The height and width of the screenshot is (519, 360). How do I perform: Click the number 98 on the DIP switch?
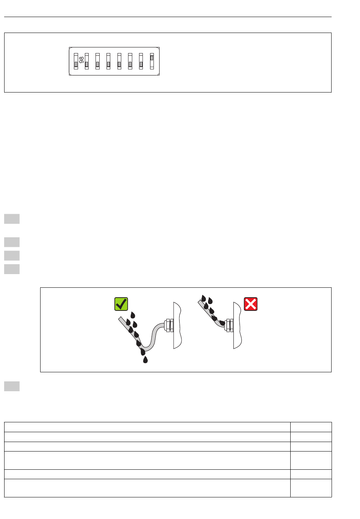[81, 60]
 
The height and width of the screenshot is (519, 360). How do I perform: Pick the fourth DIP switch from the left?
[108, 61]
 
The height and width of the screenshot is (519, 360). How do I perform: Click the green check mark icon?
[121, 304]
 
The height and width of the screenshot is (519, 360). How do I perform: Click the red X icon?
[250, 304]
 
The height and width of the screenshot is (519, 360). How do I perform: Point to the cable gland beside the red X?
[229, 325]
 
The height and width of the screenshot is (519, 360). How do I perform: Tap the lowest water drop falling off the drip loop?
[145, 360]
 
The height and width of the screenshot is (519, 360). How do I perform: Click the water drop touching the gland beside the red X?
[222, 323]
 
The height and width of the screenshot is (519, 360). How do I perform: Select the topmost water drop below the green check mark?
[133, 315]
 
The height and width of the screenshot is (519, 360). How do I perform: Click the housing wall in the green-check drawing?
[177, 325]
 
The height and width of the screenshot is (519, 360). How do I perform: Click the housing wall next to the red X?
[237, 325]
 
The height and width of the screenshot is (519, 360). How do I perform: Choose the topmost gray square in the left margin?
[12, 219]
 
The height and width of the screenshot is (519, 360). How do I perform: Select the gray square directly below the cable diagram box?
[12, 386]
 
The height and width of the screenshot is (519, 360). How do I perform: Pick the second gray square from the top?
[12, 242]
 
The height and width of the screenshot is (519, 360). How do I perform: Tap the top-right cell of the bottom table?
[311, 427]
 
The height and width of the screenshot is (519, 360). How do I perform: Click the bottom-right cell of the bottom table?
[311, 488]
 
